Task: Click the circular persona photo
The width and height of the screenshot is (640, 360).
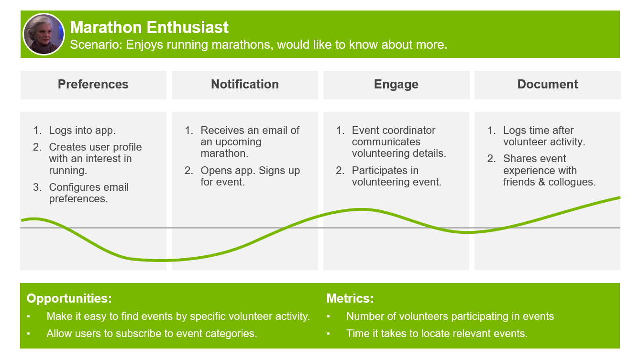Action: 44,34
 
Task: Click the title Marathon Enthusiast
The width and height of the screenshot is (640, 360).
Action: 149,27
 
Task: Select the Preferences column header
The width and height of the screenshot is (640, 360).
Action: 93,85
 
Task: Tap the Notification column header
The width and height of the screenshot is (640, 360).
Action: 245,85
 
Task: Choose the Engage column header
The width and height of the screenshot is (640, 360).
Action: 396,85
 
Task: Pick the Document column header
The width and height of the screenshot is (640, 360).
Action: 547,85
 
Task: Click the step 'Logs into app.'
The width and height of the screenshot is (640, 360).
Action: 82,131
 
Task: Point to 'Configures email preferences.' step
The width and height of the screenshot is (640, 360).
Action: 88,193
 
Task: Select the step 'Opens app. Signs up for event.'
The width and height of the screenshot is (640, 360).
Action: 250,176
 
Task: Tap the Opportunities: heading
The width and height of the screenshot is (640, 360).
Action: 69,299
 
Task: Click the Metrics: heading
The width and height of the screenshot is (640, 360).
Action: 350,298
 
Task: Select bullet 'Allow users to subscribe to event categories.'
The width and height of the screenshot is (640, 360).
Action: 152,333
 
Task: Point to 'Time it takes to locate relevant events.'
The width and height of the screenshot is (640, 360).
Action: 437,333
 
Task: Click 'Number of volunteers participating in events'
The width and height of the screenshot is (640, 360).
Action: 450,316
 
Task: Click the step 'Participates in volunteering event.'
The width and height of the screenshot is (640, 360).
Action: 397,176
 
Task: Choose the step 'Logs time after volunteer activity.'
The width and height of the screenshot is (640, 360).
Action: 544,136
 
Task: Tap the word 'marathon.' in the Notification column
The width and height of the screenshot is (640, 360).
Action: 224,153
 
